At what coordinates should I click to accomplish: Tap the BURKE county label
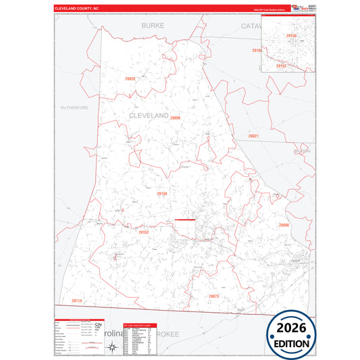(x=153, y=25)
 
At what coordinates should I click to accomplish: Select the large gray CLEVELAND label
(x=148, y=115)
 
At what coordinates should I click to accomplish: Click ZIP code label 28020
(x=130, y=79)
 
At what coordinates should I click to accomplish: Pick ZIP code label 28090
(x=176, y=118)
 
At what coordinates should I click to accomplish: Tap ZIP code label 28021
(x=253, y=136)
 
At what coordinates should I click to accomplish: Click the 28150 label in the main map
(x=162, y=194)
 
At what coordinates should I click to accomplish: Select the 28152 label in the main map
(x=143, y=232)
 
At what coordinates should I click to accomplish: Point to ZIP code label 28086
(x=283, y=225)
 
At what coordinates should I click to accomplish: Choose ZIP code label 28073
(x=213, y=296)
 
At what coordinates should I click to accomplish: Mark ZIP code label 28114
(x=76, y=301)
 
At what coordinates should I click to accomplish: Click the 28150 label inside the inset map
(x=291, y=34)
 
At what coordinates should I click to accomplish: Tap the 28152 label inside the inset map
(x=282, y=65)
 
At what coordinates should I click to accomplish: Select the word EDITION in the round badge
(x=289, y=343)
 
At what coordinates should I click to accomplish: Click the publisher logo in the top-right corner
(x=297, y=8)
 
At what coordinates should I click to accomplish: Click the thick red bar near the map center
(x=184, y=220)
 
